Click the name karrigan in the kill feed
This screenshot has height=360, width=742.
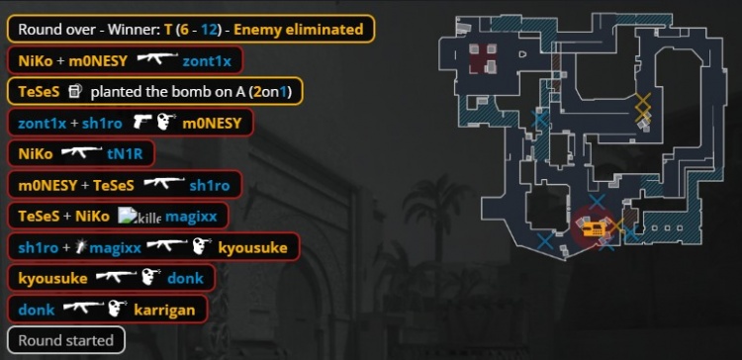(x=164, y=310)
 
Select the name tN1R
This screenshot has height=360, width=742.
(x=125, y=153)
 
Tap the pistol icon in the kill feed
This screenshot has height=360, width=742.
(x=141, y=123)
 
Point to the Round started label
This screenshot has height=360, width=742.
(x=65, y=340)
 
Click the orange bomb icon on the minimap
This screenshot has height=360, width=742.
(x=594, y=229)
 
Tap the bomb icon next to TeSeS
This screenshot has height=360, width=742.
(x=75, y=91)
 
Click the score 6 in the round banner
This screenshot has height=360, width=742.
(x=185, y=30)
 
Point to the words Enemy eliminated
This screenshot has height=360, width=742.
(x=299, y=30)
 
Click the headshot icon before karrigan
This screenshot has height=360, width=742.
(x=117, y=309)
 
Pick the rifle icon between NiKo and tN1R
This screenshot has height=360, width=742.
(x=81, y=152)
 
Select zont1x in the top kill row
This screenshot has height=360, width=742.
(x=207, y=61)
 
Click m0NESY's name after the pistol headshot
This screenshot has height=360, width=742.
(x=212, y=123)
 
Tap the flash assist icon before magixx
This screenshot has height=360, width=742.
(x=82, y=246)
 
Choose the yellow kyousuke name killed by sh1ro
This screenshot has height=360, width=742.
(x=252, y=247)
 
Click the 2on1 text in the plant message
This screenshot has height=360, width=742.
(x=271, y=92)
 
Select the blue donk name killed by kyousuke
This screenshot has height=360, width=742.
(x=185, y=278)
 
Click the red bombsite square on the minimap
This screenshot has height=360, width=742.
(x=483, y=59)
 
